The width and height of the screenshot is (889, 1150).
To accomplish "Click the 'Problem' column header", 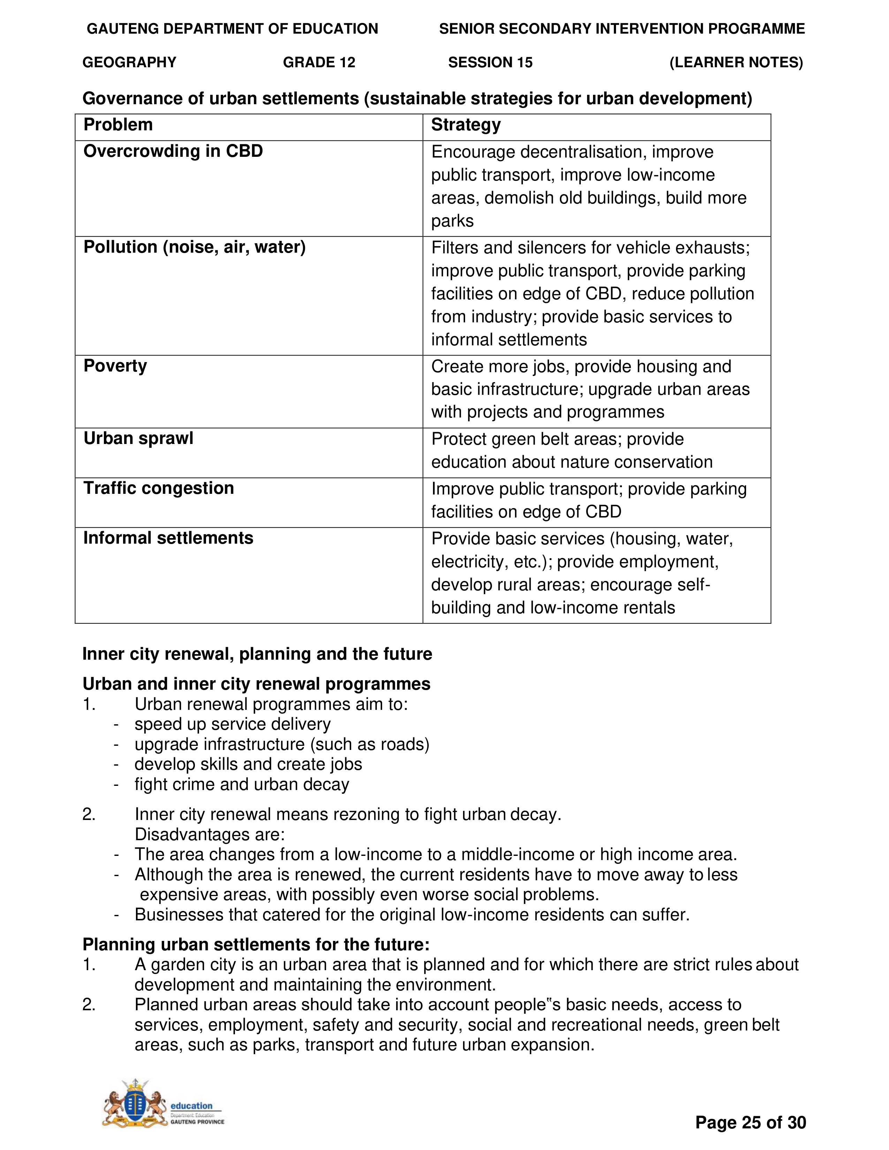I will click(118, 125).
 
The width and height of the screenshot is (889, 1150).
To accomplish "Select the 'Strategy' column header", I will click(465, 125).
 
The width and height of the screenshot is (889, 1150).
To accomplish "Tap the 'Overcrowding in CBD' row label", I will click(173, 151).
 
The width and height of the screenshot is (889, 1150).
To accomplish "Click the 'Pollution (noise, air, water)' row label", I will click(194, 247).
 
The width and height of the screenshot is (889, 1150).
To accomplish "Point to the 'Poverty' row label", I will click(115, 366).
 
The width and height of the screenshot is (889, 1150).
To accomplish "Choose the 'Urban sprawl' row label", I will click(138, 438).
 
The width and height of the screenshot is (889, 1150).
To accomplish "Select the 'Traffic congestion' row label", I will click(159, 488).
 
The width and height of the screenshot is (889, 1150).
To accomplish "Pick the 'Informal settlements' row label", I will click(168, 538).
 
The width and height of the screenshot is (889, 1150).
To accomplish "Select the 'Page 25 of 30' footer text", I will click(750, 1122).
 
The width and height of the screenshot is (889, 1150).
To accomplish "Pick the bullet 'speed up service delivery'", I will click(232, 724).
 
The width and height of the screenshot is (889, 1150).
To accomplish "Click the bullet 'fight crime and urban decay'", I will click(242, 784).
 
